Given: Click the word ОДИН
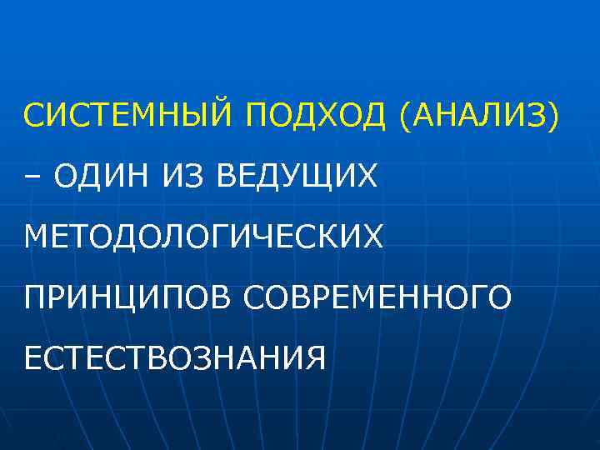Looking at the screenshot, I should (x=101, y=176).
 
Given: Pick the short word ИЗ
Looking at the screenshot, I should (x=191, y=176).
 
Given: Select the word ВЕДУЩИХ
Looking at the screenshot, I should (x=297, y=177).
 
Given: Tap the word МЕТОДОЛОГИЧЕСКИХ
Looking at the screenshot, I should (x=204, y=237).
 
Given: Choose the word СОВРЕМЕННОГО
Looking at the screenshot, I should (x=379, y=297).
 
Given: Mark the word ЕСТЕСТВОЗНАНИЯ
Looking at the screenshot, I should (x=174, y=357).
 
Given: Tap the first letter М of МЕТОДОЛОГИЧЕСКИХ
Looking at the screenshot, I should (x=37, y=237).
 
